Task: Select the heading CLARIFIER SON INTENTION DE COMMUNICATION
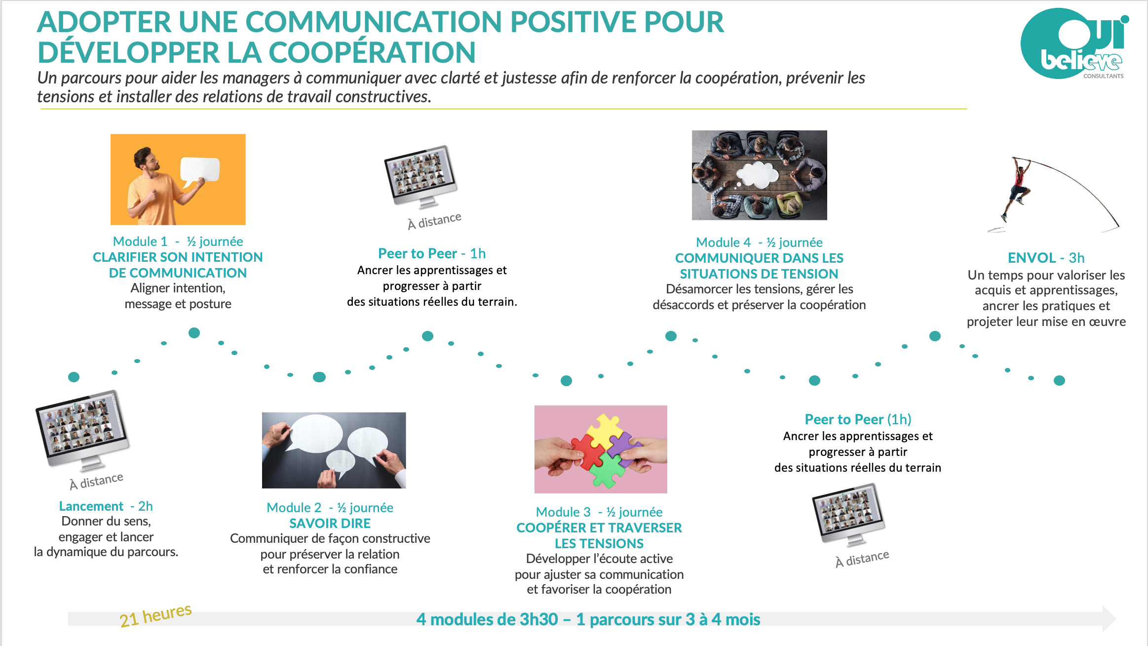(178, 265)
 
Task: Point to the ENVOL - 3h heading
(1046, 258)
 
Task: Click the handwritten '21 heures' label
(155, 615)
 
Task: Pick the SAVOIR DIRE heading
(330, 524)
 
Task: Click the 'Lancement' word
(91, 506)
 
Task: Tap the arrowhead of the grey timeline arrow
(1109, 618)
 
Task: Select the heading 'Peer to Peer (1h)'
(858, 419)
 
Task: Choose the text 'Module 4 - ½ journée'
(759, 242)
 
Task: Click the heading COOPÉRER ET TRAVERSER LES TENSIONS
(599, 535)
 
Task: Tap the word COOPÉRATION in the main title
(372, 52)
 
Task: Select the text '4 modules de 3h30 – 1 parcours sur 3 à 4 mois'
(588, 619)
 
